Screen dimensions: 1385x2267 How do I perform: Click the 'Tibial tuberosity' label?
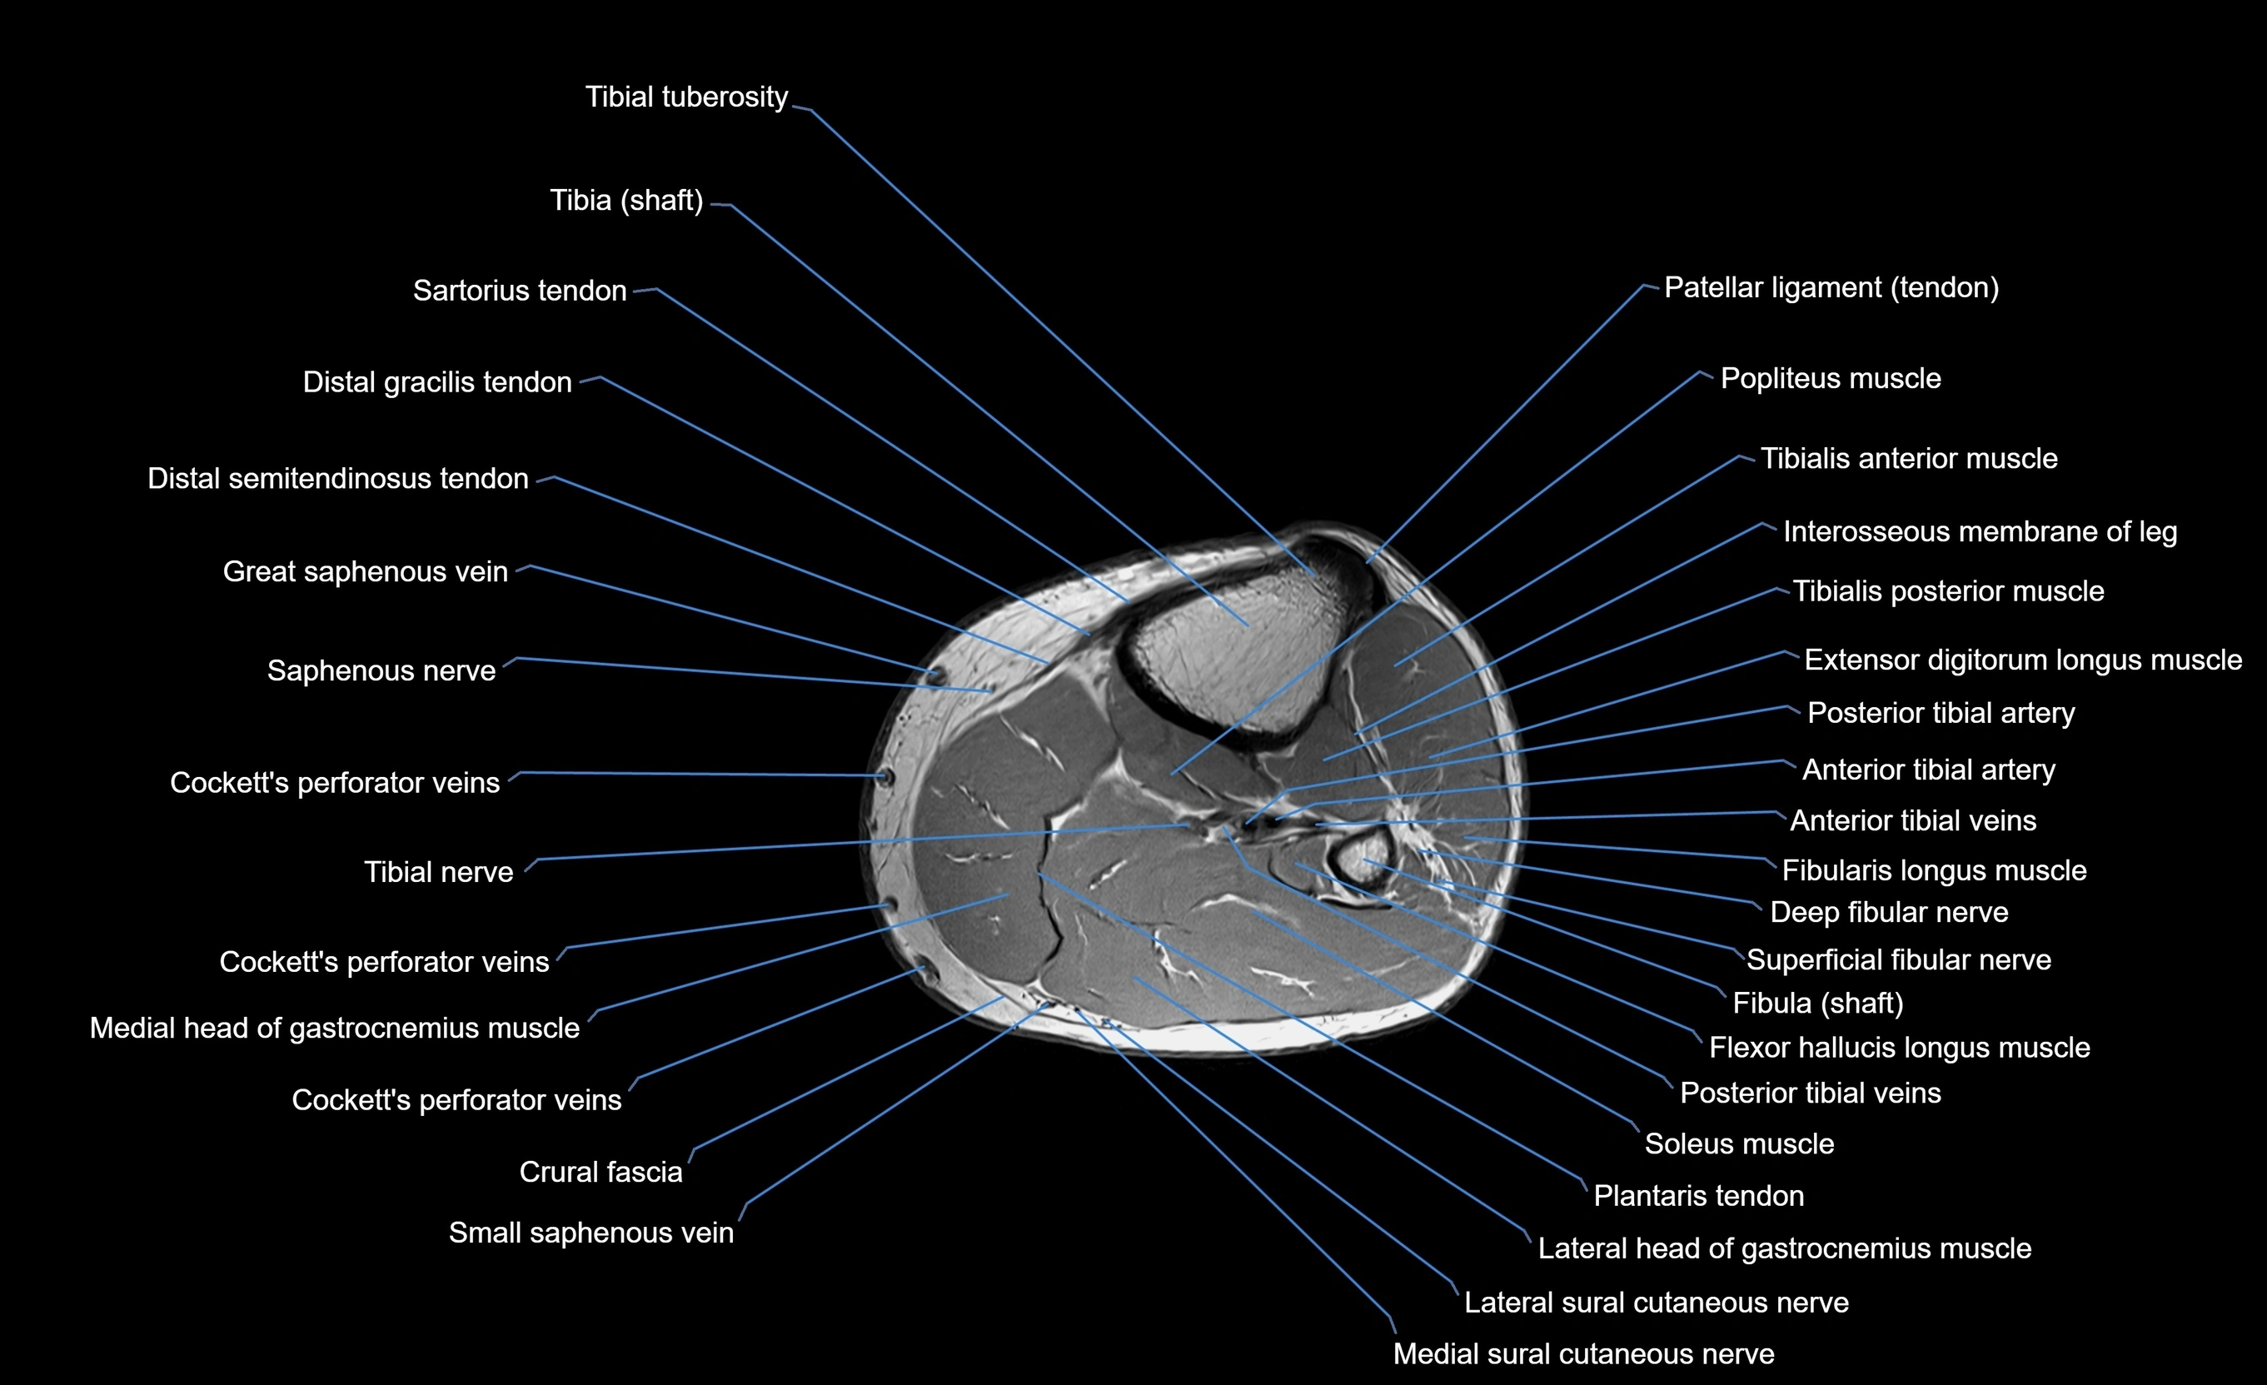point(686,97)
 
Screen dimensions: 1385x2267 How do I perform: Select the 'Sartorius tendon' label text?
point(519,291)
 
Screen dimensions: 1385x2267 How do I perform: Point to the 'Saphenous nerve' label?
point(381,671)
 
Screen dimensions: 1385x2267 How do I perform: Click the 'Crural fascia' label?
point(600,1172)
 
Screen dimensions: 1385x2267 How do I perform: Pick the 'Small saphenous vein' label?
point(590,1233)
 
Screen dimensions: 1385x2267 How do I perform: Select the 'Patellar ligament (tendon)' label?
point(1831,288)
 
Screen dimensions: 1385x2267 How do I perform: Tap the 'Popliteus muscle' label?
point(1830,378)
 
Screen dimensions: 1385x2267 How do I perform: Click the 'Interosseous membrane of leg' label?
point(1979,532)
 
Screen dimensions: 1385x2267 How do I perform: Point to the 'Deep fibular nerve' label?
point(1888,912)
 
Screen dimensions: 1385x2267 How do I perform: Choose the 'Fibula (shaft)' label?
point(1817,1002)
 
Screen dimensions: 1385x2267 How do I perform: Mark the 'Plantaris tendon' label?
point(1697,1195)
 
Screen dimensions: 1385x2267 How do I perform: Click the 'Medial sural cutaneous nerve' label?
point(1582,1353)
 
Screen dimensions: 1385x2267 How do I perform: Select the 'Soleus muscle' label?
point(1739,1143)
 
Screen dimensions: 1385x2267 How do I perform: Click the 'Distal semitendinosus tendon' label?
point(337,479)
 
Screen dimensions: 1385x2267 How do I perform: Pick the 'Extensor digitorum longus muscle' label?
point(2022,660)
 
